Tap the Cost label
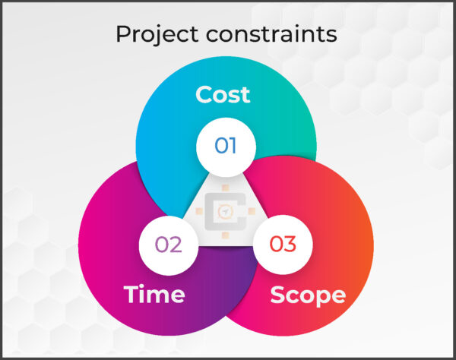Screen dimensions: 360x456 223,95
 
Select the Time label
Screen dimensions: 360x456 154,295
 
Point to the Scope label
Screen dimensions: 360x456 308,295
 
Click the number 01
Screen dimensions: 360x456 226,145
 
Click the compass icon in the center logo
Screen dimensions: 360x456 226,213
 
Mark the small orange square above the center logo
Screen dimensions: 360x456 226,187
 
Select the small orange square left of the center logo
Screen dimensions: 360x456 198,213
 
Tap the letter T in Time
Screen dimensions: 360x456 131,295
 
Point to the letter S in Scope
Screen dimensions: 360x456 278,295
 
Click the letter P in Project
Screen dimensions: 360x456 122,34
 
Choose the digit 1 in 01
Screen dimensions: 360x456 234,145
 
